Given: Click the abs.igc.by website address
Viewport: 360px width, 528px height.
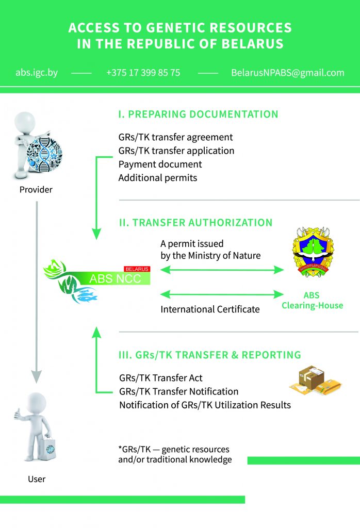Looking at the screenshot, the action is [x=37, y=73].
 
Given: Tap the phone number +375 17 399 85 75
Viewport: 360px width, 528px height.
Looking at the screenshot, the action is [x=143, y=73].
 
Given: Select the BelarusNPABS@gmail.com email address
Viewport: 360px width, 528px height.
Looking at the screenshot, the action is [x=288, y=73].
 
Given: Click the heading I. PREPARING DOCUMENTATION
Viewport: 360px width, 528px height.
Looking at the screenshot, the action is [x=198, y=114].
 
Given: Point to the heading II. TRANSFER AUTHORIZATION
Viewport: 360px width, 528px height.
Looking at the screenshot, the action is [x=195, y=223].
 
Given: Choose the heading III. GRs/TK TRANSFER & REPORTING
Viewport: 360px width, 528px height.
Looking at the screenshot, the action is [x=210, y=355].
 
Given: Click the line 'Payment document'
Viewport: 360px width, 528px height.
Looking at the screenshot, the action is [x=160, y=164].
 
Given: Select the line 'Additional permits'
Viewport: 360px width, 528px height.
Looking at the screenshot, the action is [x=158, y=178].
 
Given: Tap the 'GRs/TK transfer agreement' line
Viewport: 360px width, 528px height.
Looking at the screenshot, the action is [x=175, y=137].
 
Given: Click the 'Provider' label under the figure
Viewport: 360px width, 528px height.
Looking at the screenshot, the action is [x=36, y=190].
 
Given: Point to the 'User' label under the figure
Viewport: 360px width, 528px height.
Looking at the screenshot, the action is [x=37, y=479].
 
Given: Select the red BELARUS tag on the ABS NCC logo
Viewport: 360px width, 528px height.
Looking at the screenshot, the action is [x=137, y=269].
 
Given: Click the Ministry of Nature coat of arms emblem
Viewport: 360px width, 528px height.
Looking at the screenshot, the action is [x=313, y=252].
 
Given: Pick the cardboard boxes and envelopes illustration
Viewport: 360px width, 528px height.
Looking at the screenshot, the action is [x=315, y=381].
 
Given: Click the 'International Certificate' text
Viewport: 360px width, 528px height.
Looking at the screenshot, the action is [x=210, y=309].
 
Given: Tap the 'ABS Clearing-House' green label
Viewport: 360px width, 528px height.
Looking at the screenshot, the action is [x=312, y=301].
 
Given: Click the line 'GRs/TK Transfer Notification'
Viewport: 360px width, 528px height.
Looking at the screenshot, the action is [x=179, y=392].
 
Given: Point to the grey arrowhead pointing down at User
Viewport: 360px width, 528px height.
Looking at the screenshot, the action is [x=37, y=376].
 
